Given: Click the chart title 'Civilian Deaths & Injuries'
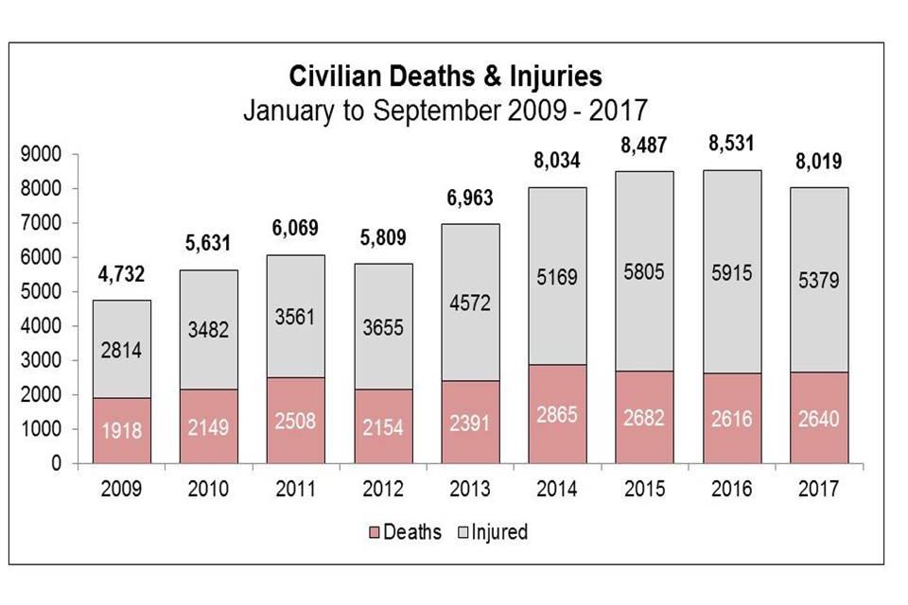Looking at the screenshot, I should point(445,76).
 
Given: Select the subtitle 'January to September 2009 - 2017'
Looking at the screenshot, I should point(445,110).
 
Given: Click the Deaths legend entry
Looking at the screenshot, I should point(403,532).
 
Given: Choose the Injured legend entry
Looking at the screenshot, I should point(492,532).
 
